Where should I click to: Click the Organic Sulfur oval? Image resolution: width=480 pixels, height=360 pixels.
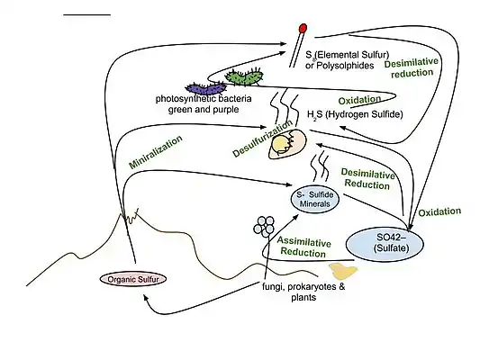point(134,279)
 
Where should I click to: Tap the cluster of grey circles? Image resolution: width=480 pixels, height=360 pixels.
point(267,225)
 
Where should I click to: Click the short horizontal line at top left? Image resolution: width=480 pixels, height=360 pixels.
point(88,15)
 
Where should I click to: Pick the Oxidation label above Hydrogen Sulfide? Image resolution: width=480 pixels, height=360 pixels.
point(358,98)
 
